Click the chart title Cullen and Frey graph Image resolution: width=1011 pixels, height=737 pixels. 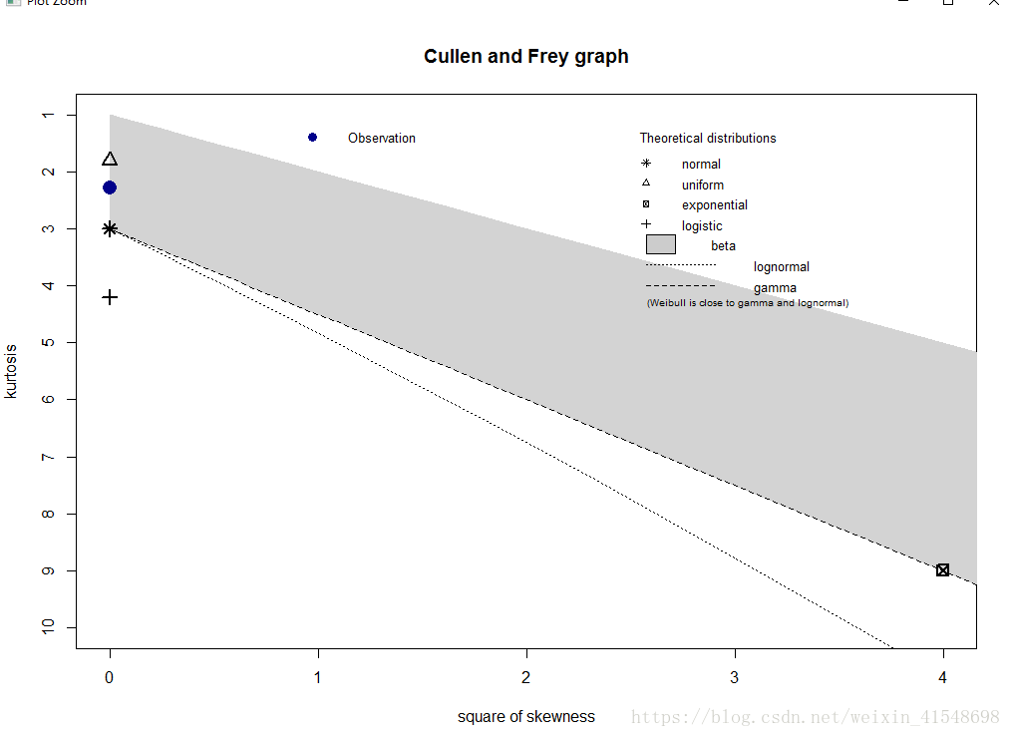click(x=525, y=56)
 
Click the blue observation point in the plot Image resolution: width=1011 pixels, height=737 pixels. click(x=110, y=187)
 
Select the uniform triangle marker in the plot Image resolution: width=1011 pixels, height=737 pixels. click(x=110, y=160)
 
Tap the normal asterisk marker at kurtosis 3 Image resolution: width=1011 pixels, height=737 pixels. click(x=110, y=228)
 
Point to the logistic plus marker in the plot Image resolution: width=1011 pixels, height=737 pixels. click(x=110, y=297)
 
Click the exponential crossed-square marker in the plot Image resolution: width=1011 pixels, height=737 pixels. click(x=942, y=569)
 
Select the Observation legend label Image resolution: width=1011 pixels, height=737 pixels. click(x=381, y=139)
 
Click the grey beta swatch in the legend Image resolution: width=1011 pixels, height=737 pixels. click(x=660, y=244)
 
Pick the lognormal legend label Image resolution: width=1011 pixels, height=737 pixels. click(x=781, y=267)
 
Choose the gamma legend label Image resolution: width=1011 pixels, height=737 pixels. click(x=775, y=288)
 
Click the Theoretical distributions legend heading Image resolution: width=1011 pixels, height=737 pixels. click(x=707, y=139)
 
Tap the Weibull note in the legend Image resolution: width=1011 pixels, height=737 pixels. click(x=747, y=303)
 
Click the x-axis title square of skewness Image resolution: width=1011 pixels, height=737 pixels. click(x=525, y=717)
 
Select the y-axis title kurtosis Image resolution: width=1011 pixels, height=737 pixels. click(x=11, y=371)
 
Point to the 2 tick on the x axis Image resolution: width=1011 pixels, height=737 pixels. click(x=526, y=677)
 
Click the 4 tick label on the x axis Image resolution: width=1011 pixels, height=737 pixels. click(x=942, y=677)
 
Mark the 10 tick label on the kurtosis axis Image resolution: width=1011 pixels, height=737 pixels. click(x=46, y=627)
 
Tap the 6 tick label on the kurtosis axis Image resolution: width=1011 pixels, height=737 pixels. click(x=46, y=399)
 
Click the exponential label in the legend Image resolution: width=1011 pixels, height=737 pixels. click(x=714, y=205)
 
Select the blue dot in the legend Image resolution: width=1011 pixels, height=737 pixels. click(x=312, y=138)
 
